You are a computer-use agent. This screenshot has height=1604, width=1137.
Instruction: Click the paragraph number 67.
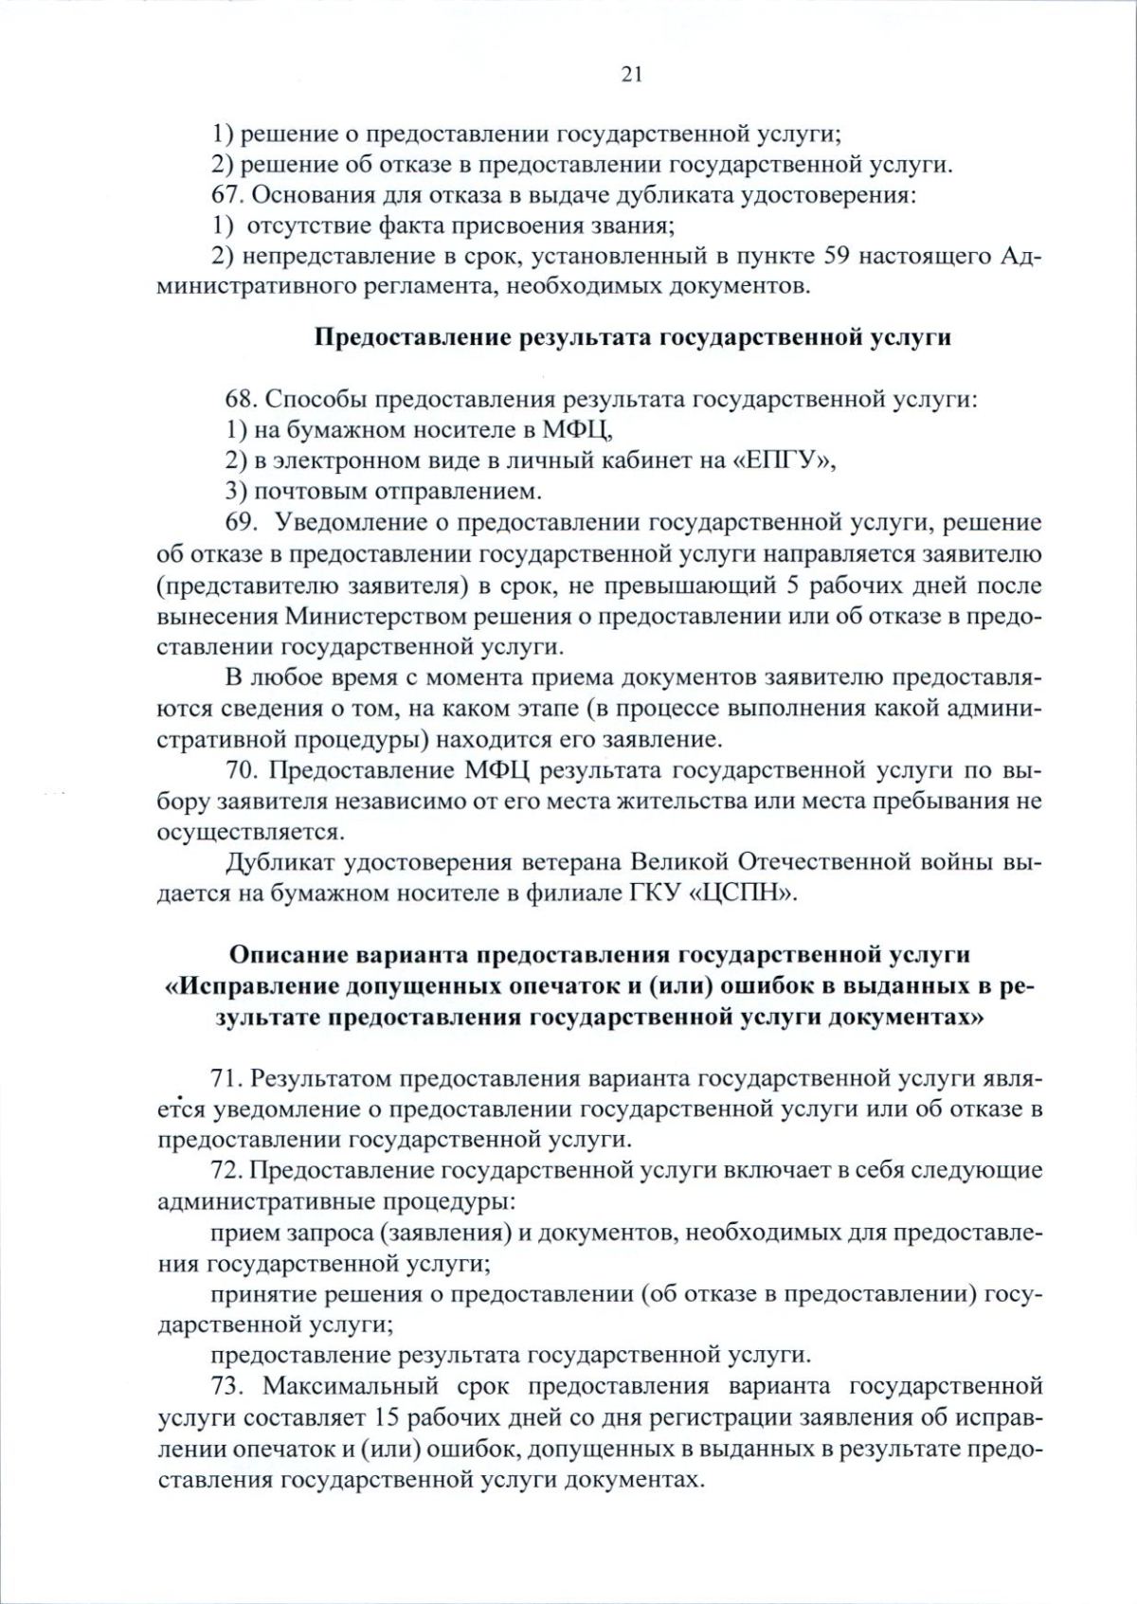click(x=227, y=195)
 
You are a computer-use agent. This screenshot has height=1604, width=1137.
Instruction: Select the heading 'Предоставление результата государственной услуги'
click(x=632, y=337)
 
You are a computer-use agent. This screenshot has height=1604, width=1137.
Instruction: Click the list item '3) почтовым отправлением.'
click(x=384, y=492)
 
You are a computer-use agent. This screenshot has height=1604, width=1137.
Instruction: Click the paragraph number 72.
click(x=227, y=1170)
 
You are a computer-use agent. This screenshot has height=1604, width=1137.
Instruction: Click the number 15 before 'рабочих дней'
click(x=388, y=1417)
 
